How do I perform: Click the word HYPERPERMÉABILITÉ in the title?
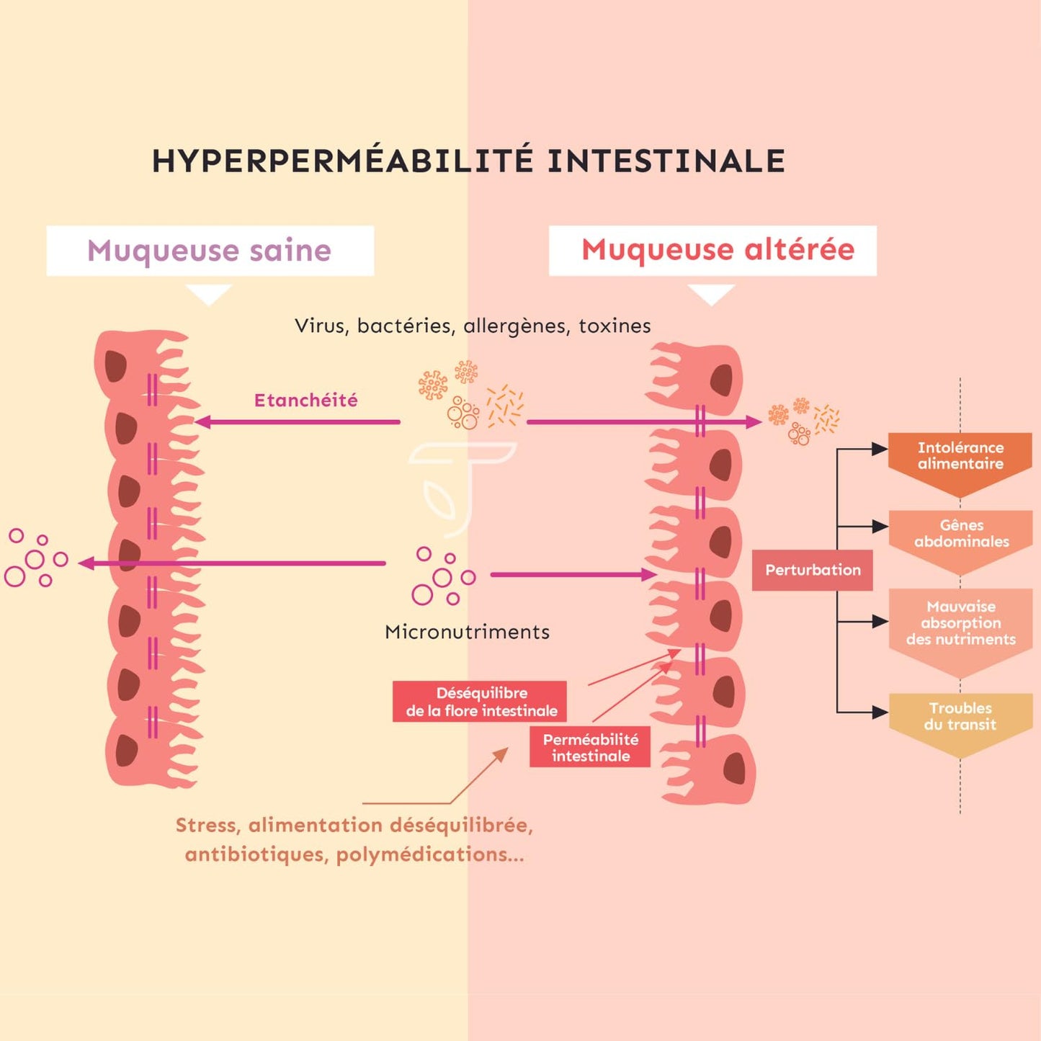pyautogui.click(x=342, y=161)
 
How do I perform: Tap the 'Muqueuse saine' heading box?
pyautogui.click(x=210, y=251)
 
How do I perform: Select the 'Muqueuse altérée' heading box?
pyautogui.click(x=712, y=251)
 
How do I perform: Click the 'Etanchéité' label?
pyautogui.click(x=305, y=401)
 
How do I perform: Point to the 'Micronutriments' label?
pyautogui.click(x=467, y=632)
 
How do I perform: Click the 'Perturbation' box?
pyautogui.click(x=813, y=570)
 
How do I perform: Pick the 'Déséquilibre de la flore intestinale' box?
pyautogui.click(x=481, y=702)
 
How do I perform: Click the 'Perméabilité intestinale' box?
pyautogui.click(x=590, y=748)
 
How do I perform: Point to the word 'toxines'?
pyautogui.click(x=615, y=326)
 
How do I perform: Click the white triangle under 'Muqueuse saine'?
pyautogui.click(x=209, y=292)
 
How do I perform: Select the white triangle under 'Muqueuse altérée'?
pyautogui.click(x=711, y=292)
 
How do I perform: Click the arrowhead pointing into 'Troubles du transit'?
pyautogui.click(x=880, y=712)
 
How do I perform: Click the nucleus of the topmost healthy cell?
pyautogui.click(x=115, y=367)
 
